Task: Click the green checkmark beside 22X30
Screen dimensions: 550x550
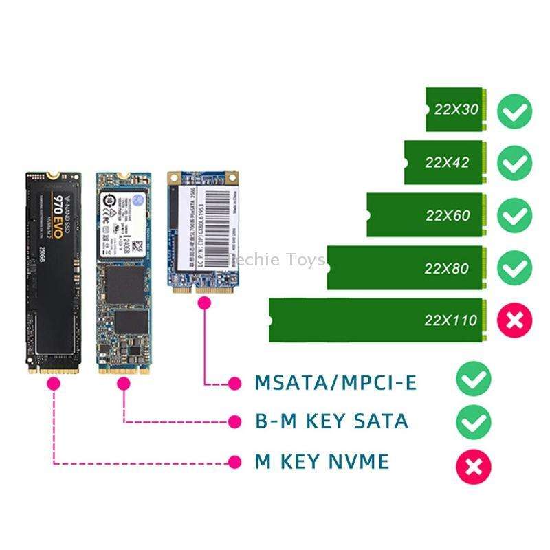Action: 515,111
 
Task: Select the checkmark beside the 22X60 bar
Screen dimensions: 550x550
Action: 515,215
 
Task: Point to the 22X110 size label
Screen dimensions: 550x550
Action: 450,320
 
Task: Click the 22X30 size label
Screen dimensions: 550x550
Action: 456,110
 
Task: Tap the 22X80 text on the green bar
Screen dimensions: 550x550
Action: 447,268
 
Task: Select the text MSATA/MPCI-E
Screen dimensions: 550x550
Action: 335,382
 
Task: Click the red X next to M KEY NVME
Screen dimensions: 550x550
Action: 474,467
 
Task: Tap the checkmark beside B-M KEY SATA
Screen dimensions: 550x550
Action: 474,421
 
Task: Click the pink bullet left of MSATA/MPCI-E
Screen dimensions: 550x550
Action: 236,382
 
